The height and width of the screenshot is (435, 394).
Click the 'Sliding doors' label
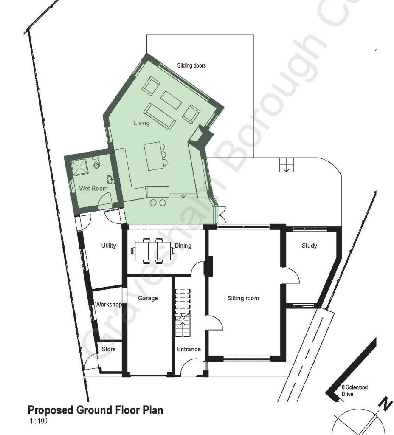pyautogui.click(x=191, y=65)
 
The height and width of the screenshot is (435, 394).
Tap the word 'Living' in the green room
pyautogui.click(x=142, y=123)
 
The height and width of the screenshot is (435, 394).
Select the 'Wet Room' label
pyautogui.click(x=93, y=188)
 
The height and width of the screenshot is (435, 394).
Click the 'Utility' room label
pyautogui.click(x=109, y=246)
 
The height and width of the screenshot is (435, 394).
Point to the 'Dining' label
pyautogui.click(x=183, y=246)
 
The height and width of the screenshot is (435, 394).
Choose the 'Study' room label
pyautogui.click(x=309, y=246)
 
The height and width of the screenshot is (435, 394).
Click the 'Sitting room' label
pyautogui.click(x=243, y=298)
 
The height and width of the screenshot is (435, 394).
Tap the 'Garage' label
pyautogui.click(x=148, y=298)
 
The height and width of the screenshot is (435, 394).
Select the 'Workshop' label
pyautogui.click(x=108, y=305)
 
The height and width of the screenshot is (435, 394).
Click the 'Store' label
pyautogui.click(x=108, y=349)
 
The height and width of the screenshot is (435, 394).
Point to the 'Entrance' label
pyautogui.click(x=189, y=349)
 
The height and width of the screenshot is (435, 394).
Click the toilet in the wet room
pyautogui.click(x=97, y=161)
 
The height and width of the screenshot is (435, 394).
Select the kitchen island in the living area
pyautogui.click(x=152, y=156)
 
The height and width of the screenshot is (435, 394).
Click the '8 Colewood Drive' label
pyautogui.click(x=355, y=391)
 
